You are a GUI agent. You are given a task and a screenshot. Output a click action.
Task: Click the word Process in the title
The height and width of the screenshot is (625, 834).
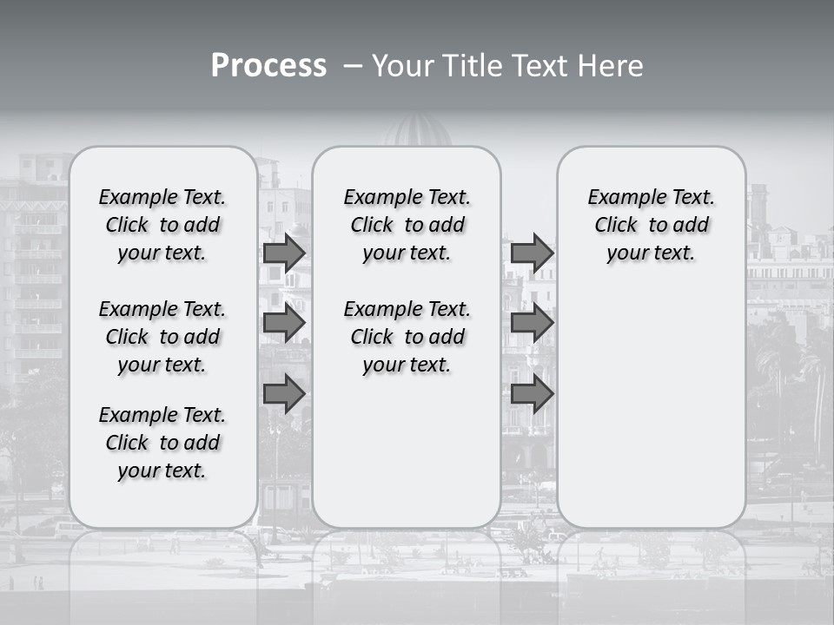(x=268, y=65)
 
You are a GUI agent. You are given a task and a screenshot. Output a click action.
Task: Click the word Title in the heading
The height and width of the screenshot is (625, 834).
(x=469, y=65)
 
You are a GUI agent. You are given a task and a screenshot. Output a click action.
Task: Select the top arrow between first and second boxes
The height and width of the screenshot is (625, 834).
(x=284, y=253)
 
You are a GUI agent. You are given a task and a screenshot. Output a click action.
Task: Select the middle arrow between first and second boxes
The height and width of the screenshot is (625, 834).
(x=284, y=323)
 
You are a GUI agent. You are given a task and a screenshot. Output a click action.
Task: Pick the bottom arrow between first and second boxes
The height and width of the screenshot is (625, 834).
(x=284, y=393)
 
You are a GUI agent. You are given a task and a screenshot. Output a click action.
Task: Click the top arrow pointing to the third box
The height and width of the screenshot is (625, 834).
(x=532, y=253)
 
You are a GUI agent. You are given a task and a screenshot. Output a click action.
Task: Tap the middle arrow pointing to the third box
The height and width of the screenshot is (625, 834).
(x=532, y=323)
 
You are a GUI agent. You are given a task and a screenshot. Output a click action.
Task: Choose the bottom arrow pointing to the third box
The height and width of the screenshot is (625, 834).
(x=532, y=393)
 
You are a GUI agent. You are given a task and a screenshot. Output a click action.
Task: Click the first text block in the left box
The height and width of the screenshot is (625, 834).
(x=162, y=225)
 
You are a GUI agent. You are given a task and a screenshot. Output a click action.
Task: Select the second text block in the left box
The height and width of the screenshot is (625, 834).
(x=162, y=337)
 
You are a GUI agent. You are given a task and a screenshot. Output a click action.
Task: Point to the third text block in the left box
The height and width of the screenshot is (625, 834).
(x=162, y=443)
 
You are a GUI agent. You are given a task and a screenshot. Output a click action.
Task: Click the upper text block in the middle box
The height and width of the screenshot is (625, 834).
(x=407, y=225)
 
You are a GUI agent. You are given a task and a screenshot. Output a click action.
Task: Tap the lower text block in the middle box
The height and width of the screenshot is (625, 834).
(x=407, y=337)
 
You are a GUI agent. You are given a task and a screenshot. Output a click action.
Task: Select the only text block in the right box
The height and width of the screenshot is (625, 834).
(x=651, y=225)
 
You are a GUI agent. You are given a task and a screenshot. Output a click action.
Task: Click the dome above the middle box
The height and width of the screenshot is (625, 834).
(x=418, y=132)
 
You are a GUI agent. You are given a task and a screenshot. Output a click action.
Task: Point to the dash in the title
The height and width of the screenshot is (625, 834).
(x=352, y=66)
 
